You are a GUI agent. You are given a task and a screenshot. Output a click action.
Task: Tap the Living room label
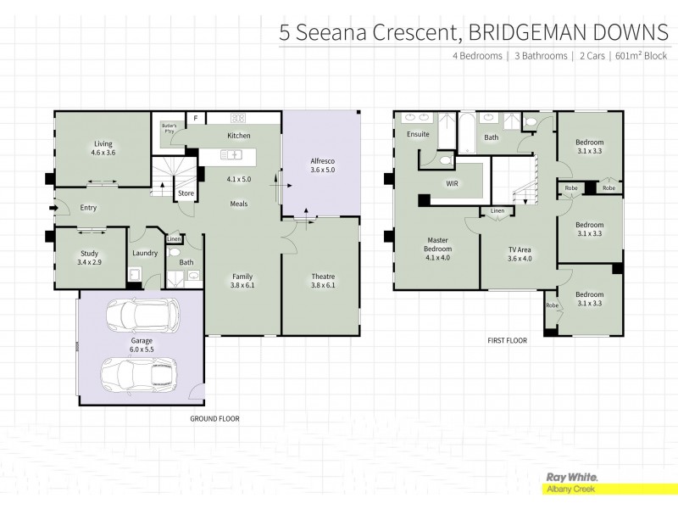pyautogui.click(x=103, y=148)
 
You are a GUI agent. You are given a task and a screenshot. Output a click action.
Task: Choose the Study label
pyautogui.click(x=89, y=258)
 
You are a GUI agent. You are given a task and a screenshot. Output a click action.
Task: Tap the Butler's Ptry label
pyautogui.click(x=168, y=129)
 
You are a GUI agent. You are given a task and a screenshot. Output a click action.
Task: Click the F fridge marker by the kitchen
pyautogui.click(x=194, y=118)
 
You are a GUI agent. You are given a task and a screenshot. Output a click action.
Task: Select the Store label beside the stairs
pyautogui.click(x=186, y=193)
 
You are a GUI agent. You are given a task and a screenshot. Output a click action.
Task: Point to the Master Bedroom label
pyautogui.click(x=437, y=254)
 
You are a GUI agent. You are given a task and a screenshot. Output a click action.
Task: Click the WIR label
pyautogui.click(x=452, y=182)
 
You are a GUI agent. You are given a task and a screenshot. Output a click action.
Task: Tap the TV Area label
pyautogui.click(x=519, y=254)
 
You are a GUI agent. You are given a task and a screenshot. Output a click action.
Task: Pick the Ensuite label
pyautogui.click(x=419, y=134)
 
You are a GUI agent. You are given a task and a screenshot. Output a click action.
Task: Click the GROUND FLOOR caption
pyautogui.click(x=214, y=419)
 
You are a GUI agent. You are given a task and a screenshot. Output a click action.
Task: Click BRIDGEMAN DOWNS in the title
pyautogui.click(x=569, y=32)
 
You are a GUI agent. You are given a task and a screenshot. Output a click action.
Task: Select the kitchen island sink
pyautogui.click(x=232, y=155)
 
